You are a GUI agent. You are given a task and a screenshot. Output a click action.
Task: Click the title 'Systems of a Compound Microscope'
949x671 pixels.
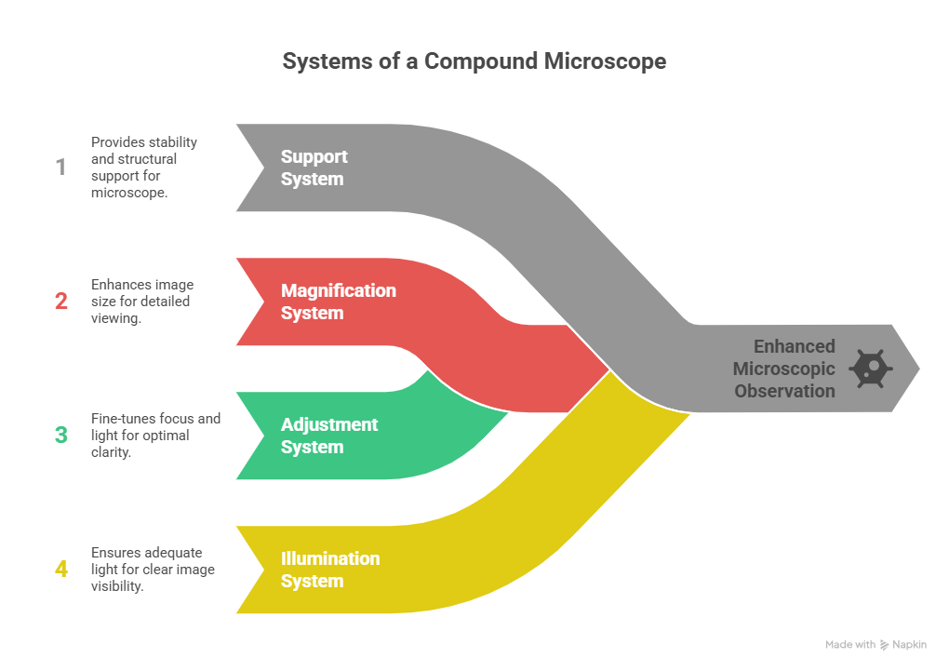coord(474,61)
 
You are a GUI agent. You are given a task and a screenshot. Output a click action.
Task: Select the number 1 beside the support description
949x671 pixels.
coord(60,168)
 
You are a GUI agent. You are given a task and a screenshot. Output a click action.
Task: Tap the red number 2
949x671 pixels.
coord(60,302)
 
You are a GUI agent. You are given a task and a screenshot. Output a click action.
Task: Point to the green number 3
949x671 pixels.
coord(60,435)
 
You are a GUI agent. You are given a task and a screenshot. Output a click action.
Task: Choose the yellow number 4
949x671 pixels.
coord(60,569)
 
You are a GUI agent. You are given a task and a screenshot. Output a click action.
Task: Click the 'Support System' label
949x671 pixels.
coord(314,168)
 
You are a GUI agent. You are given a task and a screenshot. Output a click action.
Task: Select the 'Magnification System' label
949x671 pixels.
coord(339,302)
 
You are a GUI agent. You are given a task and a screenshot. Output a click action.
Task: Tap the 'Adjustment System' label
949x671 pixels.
coord(329,436)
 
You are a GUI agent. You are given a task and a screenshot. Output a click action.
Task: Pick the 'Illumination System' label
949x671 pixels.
coord(330,570)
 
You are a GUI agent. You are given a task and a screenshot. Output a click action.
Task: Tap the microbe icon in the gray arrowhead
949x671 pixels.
coord(871,369)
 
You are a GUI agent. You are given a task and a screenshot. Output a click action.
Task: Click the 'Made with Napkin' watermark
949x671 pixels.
coord(875,644)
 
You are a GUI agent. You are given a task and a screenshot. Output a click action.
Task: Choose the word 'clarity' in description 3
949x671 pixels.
coord(110,452)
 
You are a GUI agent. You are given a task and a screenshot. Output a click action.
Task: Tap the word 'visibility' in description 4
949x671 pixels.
coord(116,586)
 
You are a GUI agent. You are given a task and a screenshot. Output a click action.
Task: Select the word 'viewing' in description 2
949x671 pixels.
coord(115,318)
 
